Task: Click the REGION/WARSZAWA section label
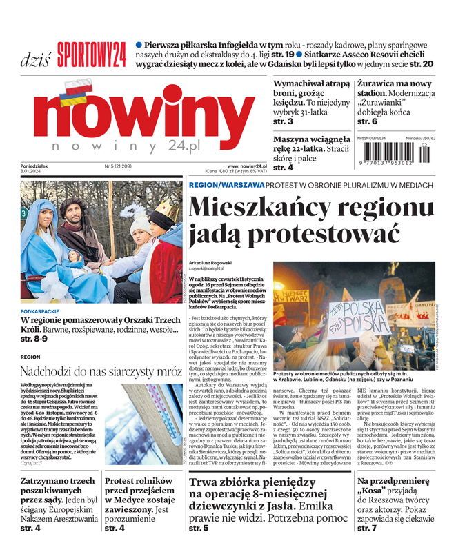(226, 185)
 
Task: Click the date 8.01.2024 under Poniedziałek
(32, 172)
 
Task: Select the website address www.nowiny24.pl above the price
(246, 166)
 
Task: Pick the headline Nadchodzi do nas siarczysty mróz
(101, 371)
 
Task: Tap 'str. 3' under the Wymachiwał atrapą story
(283, 121)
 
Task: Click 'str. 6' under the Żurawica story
(366, 121)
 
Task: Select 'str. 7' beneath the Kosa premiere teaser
(367, 528)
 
